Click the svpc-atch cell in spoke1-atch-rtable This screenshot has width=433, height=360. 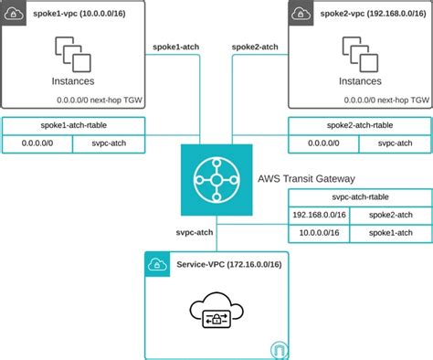click(108, 143)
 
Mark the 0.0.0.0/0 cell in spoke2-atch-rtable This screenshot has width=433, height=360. click(324, 143)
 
